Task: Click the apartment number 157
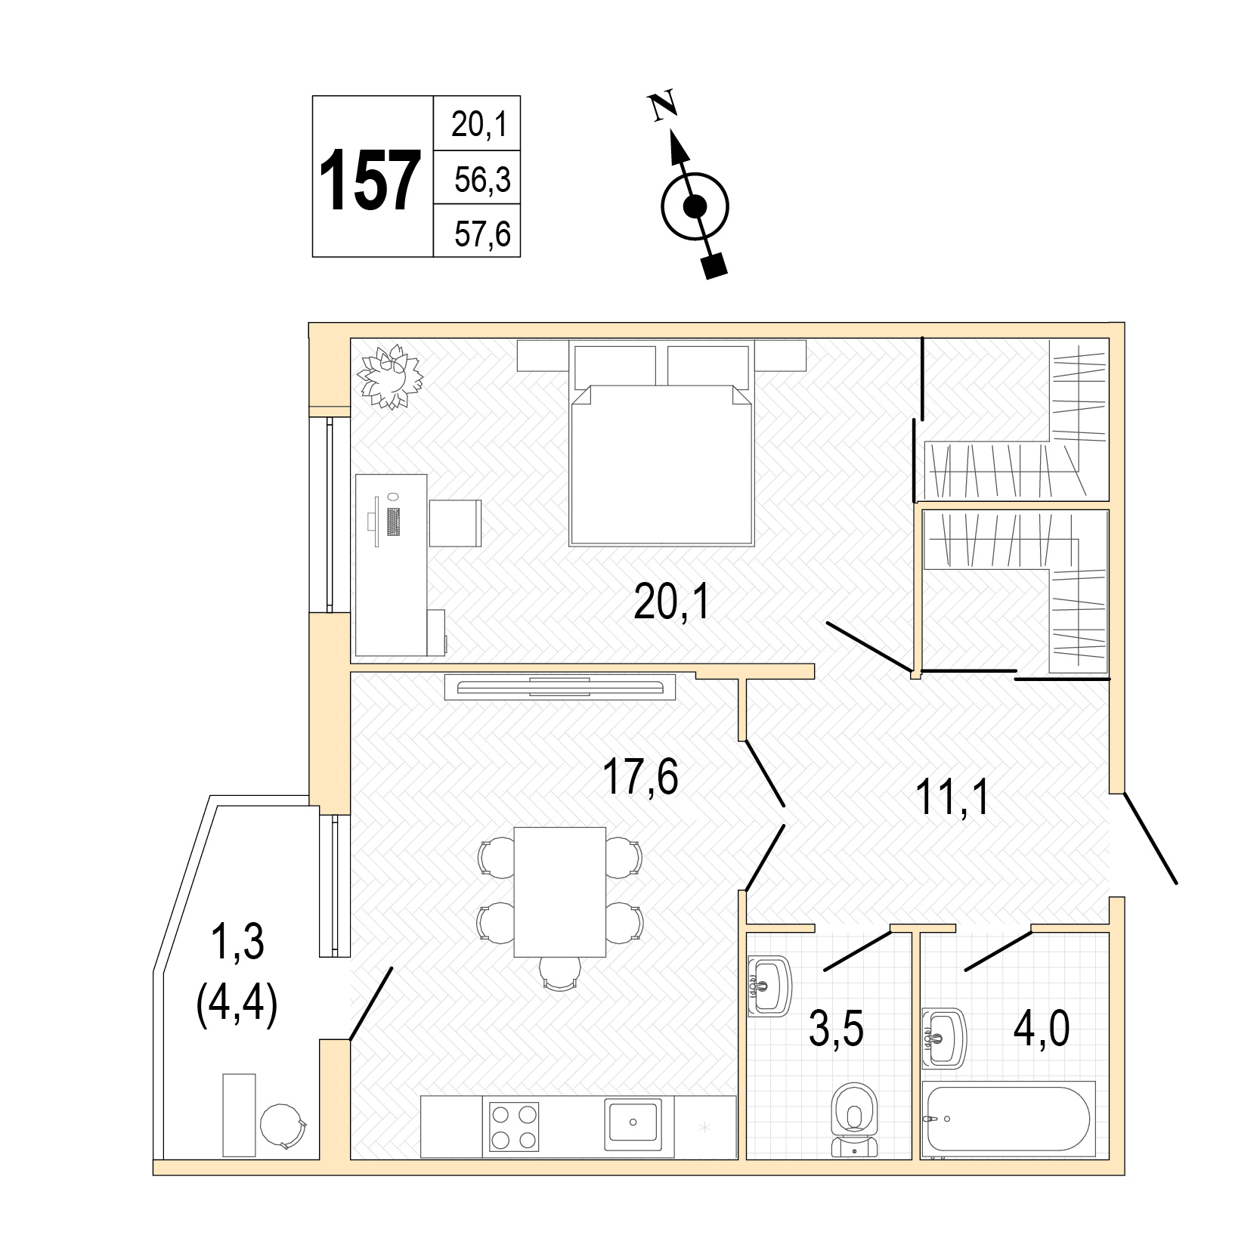point(370,180)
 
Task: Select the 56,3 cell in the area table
point(482,180)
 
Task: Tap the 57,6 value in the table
point(482,234)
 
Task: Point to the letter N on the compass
point(664,107)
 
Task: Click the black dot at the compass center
point(695,206)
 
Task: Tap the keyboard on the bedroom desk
point(392,522)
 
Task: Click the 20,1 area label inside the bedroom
point(672,603)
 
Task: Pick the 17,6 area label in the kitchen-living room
point(640,777)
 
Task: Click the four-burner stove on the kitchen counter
point(514,1126)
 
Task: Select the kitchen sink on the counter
point(633,1125)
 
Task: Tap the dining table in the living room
point(559,892)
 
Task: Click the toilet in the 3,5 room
point(855,1121)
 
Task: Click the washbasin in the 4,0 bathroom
point(944,1038)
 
